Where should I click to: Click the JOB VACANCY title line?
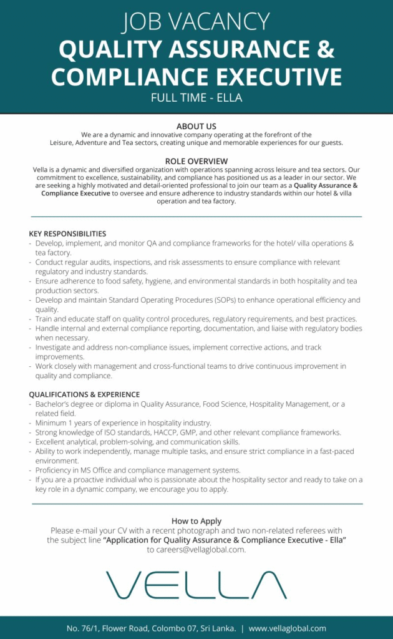[196, 22]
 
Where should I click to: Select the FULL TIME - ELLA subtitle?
[196, 97]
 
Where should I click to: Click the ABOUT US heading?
[196, 126]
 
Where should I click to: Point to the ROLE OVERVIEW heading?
[196, 161]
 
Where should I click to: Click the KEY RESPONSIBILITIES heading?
[67, 234]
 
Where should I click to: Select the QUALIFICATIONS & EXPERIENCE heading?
[84, 394]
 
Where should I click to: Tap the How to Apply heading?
[196, 521]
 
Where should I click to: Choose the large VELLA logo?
[196, 585]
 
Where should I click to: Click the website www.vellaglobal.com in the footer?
[288, 628]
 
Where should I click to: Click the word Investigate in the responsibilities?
[55, 347]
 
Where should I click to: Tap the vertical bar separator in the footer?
[242, 628]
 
